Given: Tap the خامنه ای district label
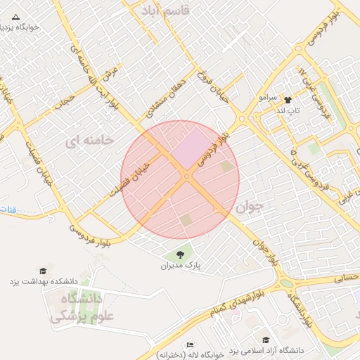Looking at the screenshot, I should tap(89, 141).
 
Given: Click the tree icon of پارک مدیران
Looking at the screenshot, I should tap(180, 255).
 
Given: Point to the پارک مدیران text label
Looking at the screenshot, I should tap(181, 266).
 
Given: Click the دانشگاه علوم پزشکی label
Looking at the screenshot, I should tap(75, 307).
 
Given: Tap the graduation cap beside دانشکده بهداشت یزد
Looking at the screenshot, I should tap(43, 271).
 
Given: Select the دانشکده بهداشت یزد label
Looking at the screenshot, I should tap(43, 281).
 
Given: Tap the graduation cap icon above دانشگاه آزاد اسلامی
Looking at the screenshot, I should tap(265, 340).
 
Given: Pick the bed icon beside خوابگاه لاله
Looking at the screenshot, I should tap(189, 345).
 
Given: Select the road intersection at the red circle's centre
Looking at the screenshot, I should tap(186, 176).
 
